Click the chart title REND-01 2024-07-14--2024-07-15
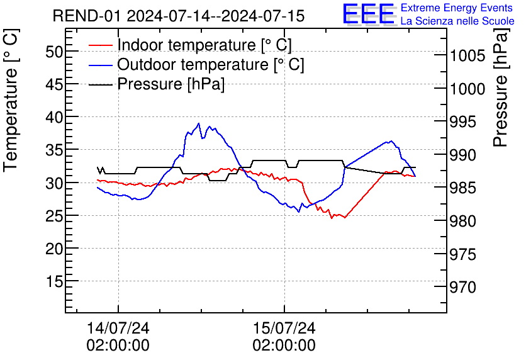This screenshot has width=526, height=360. pos(178,16)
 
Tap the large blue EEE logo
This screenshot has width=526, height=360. pos(368,15)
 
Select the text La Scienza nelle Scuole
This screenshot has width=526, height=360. pos(457,21)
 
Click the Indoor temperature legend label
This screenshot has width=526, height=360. pos(204,45)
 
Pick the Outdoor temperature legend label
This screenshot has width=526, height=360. pos(211,64)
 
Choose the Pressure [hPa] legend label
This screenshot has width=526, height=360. pos(171,84)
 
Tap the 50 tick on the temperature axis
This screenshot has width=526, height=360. pos(53,52)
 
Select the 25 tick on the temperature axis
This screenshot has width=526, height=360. pos(53,216)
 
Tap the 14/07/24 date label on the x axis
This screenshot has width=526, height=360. pos(118,328)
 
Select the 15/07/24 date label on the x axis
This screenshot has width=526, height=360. pos(284,328)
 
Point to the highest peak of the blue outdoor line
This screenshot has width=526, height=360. pos(199,123)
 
